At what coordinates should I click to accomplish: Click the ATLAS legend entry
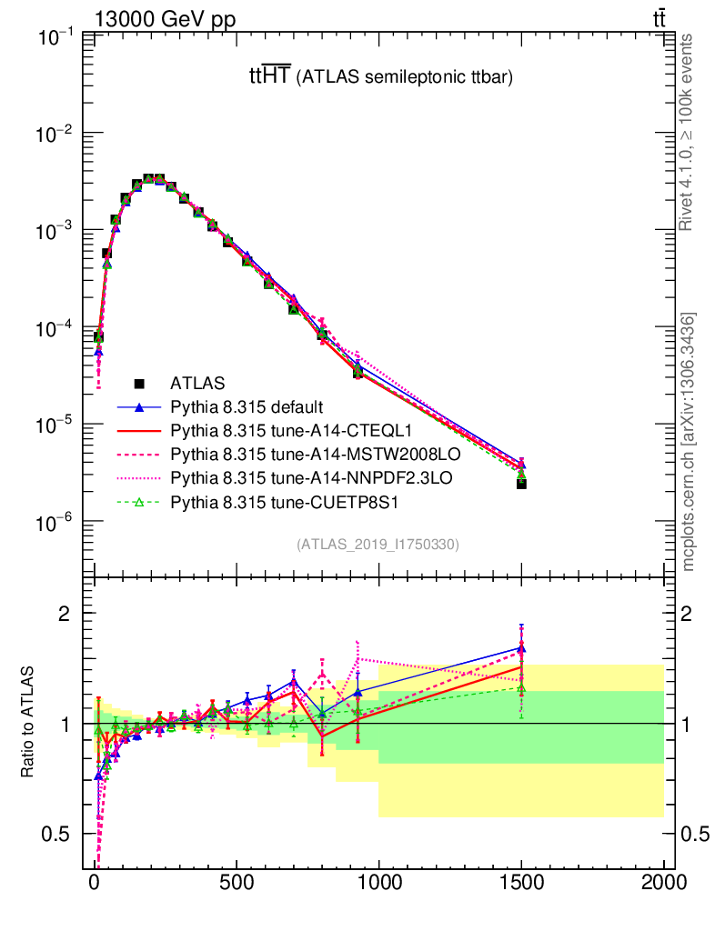click(x=197, y=383)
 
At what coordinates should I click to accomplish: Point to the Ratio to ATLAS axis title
click(x=28, y=725)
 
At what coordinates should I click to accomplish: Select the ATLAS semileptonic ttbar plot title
click(x=381, y=78)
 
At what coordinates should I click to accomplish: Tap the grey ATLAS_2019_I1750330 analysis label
click(x=378, y=545)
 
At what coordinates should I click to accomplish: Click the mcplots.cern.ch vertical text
click(x=689, y=442)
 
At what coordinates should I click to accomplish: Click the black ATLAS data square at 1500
click(x=521, y=483)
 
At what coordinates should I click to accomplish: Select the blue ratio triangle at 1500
click(x=521, y=647)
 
